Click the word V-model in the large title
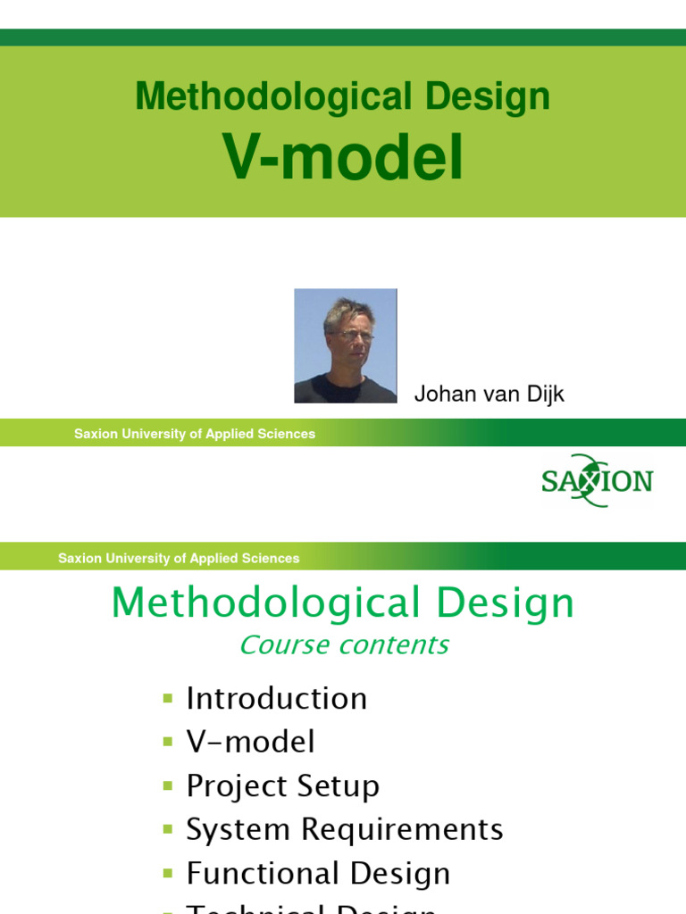[x=343, y=159]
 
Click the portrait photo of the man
[x=346, y=345]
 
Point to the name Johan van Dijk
[x=489, y=395]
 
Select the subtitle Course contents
[x=344, y=644]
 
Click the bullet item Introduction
[x=276, y=698]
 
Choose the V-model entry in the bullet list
[x=250, y=742]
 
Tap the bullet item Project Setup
[x=282, y=785]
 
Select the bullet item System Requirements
[x=344, y=829]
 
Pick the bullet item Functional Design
[x=318, y=873]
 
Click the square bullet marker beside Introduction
[x=167, y=698]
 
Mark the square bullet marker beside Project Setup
[x=167, y=786]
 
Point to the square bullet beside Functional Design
[x=167, y=874]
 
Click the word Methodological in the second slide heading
[x=265, y=603]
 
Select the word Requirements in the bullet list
[x=402, y=829]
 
